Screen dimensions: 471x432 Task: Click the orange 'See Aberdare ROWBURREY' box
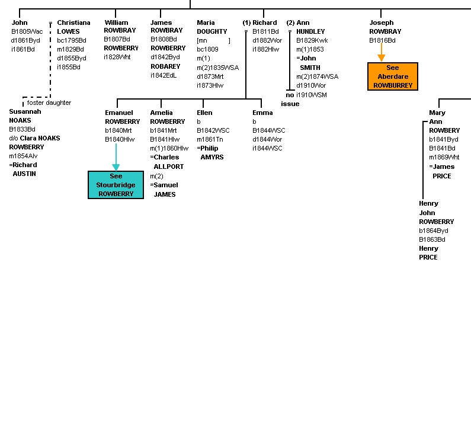tap(393, 76)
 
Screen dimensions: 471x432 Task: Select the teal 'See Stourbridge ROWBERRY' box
tap(116, 185)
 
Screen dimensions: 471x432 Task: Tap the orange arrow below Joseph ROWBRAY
tap(381, 52)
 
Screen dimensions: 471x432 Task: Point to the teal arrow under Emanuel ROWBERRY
tap(116, 157)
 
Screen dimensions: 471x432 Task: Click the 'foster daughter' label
tap(49, 103)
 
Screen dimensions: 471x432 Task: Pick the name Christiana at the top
tap(73, 23)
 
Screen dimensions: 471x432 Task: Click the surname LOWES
tap(68, 31)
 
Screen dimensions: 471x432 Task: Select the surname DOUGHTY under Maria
tap(212, 31)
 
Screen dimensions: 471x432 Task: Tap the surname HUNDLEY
tap(310, 31)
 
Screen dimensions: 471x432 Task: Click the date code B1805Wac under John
tap(27, 31)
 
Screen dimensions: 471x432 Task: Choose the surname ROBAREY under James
tap(165, 66)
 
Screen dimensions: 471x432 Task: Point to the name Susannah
tap(25, 111)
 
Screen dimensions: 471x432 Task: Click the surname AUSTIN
tap(24, 174)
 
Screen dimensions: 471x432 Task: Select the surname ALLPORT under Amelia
tap(168, 167)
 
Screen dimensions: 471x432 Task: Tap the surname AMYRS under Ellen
tap(212, 157)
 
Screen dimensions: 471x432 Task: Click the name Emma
tap(262, 113)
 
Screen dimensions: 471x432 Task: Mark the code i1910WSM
tap(312, 95)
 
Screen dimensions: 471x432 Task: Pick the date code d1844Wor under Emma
tap(267, 139)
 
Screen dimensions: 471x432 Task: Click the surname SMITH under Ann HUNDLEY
tap(310, 68)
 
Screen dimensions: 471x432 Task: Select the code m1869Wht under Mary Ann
tap(444, 157)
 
